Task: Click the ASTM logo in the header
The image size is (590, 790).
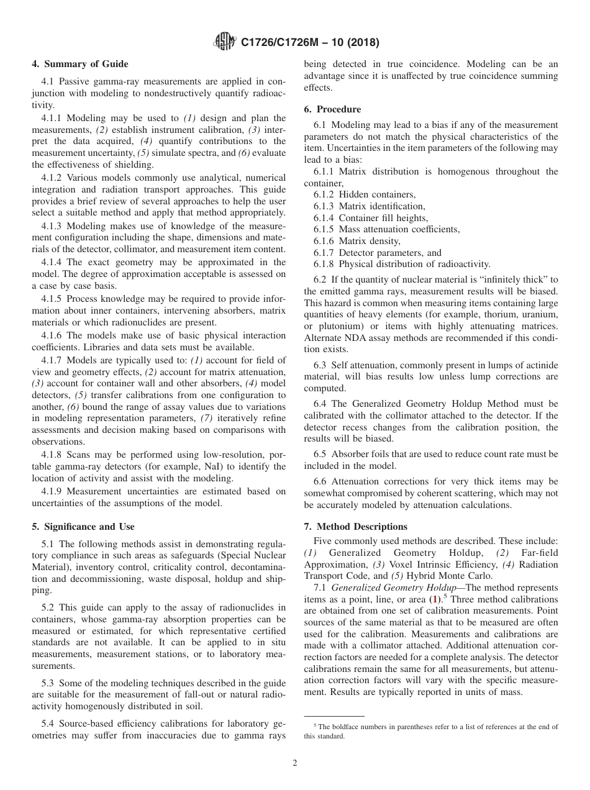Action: [x=224, y=42]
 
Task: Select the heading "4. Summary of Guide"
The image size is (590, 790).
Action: [x=80, y=64]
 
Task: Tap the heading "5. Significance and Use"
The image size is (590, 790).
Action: [x=83, y=527]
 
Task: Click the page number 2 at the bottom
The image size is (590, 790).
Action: [x=295, y=763]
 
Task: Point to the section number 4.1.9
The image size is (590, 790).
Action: [x=52, y=491]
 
